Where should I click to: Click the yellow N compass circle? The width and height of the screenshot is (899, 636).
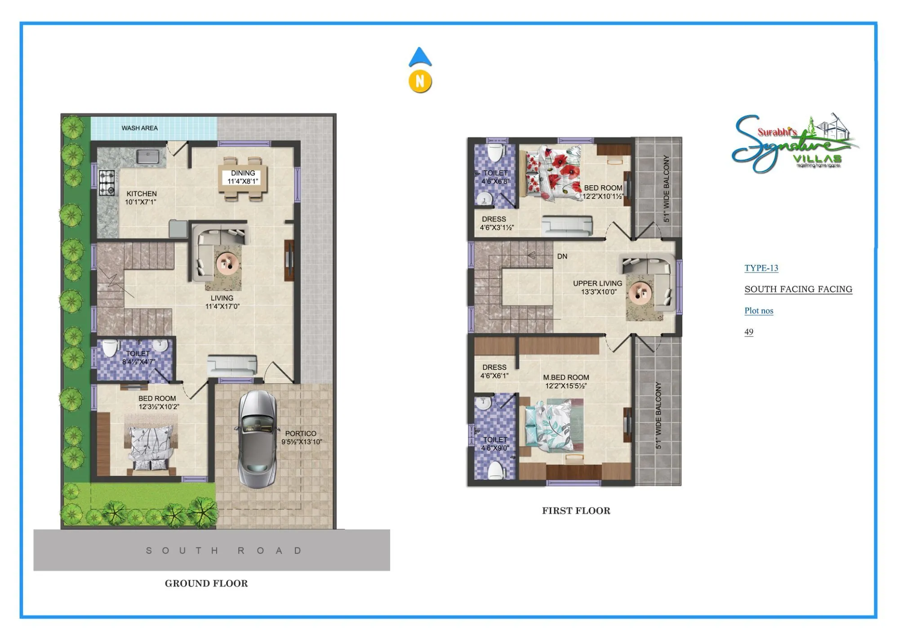[x=420, y=81]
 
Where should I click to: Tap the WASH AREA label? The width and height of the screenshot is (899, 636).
[x=139, y=128]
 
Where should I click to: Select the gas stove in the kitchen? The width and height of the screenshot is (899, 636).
[x=107, y=183]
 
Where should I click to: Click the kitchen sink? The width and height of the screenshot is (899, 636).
[x=147, y=157]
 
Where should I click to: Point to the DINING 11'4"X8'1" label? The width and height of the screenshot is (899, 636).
[x=243, y=177]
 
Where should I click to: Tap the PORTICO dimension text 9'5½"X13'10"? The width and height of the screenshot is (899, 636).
[x=302, y=442]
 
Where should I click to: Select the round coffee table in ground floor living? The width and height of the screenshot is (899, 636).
[x=227, y=264]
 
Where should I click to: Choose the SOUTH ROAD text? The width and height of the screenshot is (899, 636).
[x=223, y=551]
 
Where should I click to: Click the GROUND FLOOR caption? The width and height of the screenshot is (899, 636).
[x=206, y=583]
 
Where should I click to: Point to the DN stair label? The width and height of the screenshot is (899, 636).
[x=562, y=256]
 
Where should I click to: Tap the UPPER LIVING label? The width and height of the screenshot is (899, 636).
[x=597, y=287]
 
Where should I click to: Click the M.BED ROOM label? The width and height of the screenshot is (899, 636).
[x=565, y=381]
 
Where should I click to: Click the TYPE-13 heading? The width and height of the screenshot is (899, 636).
[x=761, y=268]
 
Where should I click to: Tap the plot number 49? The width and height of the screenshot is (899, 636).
[x=748, y=332]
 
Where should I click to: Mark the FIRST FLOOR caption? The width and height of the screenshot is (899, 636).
[x=576, y=511]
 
